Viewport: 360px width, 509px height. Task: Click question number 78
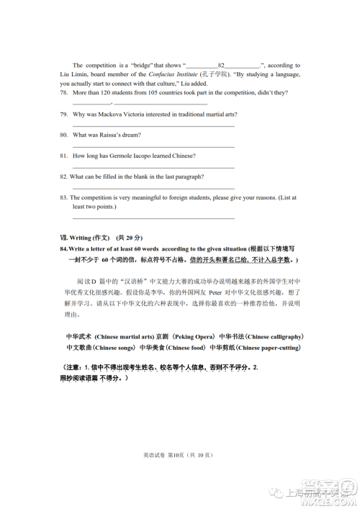point(64,93)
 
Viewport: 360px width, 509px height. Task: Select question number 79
point(64,114)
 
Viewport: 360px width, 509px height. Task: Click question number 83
point(64,197)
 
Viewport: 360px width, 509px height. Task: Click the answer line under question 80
point(153,147)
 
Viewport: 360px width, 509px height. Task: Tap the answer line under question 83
point(153,217)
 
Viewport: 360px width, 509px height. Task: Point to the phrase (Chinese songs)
point(115,348)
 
